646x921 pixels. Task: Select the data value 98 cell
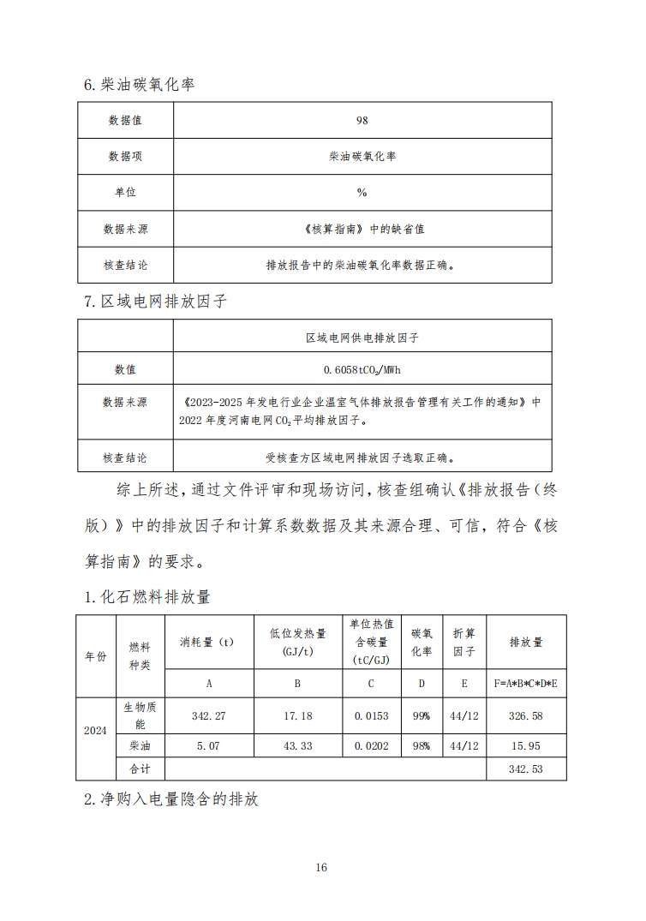(x=362, y=120)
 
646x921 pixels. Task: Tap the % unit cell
(x=362, y=193)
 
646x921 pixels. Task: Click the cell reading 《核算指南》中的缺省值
(x=362, y=229)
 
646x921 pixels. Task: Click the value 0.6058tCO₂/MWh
(x=362, y=370)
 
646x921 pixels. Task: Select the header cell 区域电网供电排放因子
(x=362, y=338)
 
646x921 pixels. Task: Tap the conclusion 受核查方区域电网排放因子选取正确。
(x=362, y=458)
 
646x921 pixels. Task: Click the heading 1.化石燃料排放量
(x=147, y=596)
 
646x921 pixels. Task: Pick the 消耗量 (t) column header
(x=207, y=641)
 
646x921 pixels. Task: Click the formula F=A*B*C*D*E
(x=525, y=683)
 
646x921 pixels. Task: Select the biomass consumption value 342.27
(x=207, y=715)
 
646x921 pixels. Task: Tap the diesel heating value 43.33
(x=296, y=746)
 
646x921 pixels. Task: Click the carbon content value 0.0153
(x=371, y=715)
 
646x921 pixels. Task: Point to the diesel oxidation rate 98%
(x=421, y=746)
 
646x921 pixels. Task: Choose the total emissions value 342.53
(x=525, y=769)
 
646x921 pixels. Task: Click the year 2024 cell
(x=95, y=731)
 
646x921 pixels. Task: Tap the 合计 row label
(x=139, y=769)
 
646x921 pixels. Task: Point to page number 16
(x=321, y=867)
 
